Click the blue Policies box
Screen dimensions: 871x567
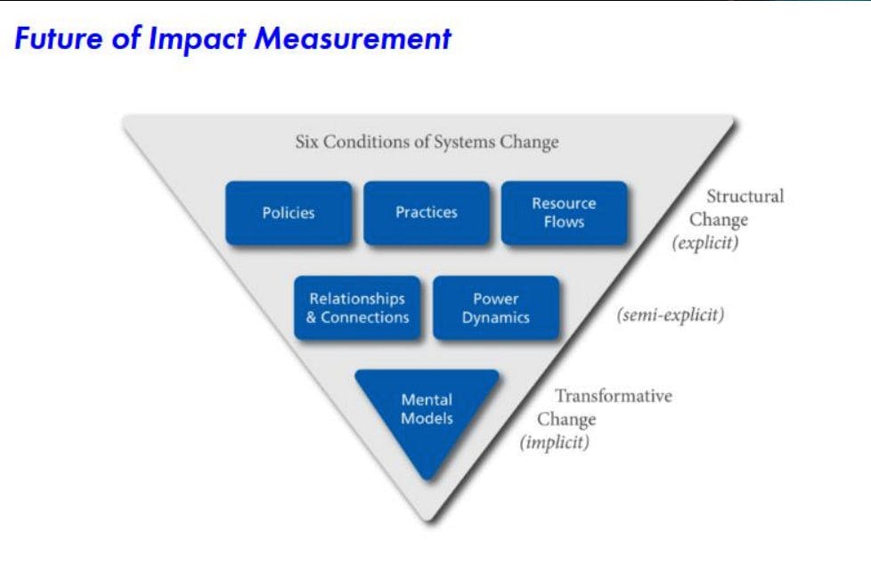point(289,212)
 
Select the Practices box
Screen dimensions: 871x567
point(427,212)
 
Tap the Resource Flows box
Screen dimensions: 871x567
point(565,212)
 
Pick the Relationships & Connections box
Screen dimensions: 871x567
point(357,308)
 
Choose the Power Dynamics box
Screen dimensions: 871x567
point(496,308)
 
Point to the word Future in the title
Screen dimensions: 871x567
point(59,38)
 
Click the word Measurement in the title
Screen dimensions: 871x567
point(353,38)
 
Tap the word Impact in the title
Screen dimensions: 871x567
point(197,39)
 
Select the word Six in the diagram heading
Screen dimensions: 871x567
point(306,142)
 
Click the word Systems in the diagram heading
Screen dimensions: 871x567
point(464,143)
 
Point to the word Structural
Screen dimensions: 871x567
point(745,195)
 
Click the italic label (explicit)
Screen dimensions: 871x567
point(705,242)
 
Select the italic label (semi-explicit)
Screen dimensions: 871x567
point(671,315)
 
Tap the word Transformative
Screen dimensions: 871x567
point(614,396)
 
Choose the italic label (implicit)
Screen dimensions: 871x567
point(554,442)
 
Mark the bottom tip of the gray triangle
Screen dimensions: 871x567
point(429,522)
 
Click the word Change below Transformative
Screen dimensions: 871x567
point(566,420)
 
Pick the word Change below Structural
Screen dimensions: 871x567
point(718,220)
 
